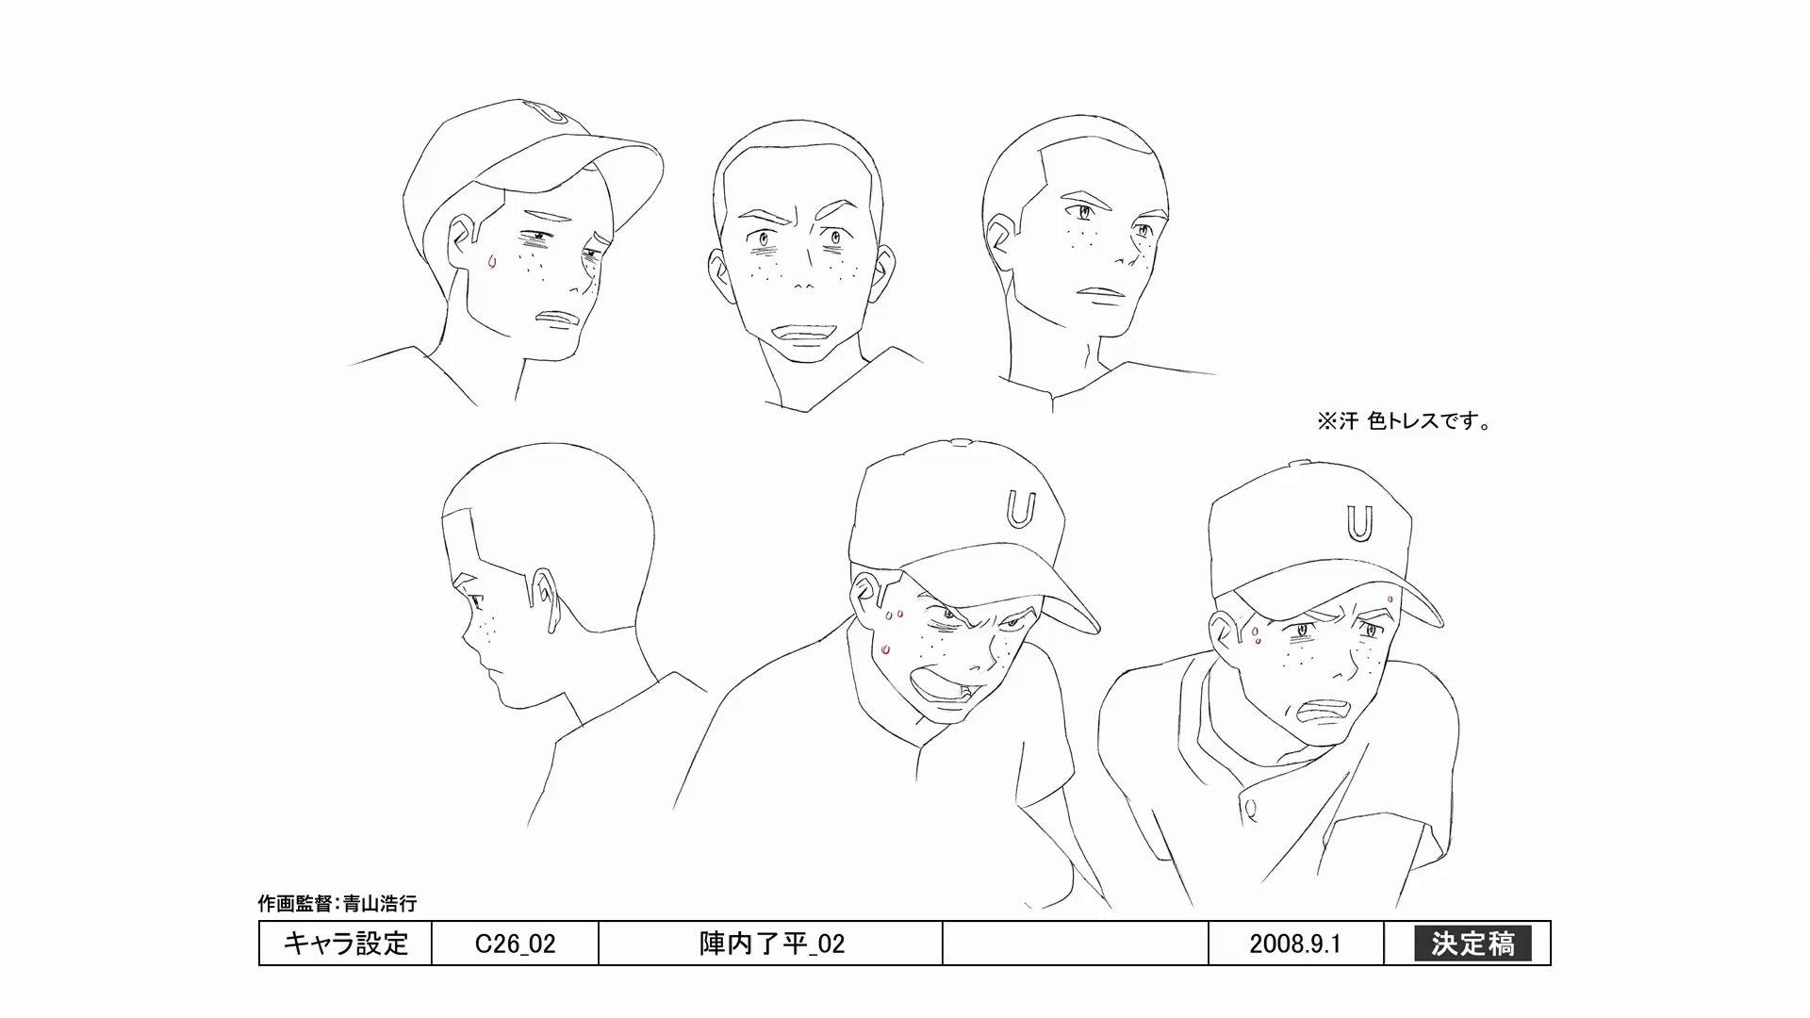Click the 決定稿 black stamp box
[x=1473, y=944]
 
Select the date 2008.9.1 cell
[x=1295, y=944]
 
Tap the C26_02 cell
[x=515, y=944]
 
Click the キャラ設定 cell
[x=346, y=944]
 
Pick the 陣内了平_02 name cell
[x=771, y=944]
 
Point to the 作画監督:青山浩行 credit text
[x=337, y=903]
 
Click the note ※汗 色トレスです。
[x=1405, y=421]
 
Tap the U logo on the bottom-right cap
[x=1358, y=524]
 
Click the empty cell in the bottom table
[x=1075, y=944]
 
